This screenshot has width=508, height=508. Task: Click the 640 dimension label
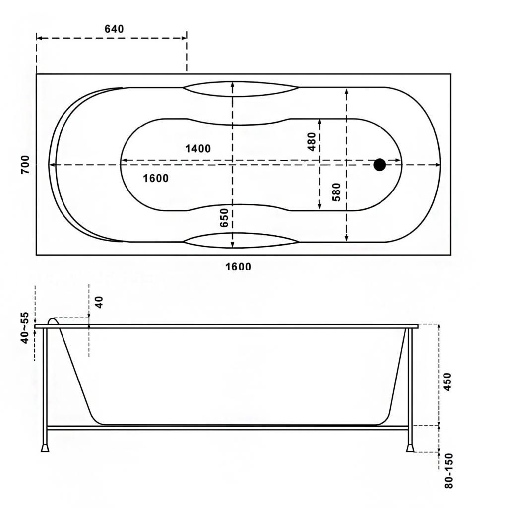pos(114,29)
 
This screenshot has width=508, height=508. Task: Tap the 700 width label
pos(25,165)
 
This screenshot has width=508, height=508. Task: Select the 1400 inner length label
pos(198,149)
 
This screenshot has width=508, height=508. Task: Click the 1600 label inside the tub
pos(156,178)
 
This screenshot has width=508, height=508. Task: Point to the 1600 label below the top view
pos(238,266)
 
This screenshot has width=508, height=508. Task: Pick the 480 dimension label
pos(312,141)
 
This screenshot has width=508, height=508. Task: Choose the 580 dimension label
pos(337,192)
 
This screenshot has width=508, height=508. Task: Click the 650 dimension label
pos(224,218)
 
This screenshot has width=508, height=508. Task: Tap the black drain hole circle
pos(380,165)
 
